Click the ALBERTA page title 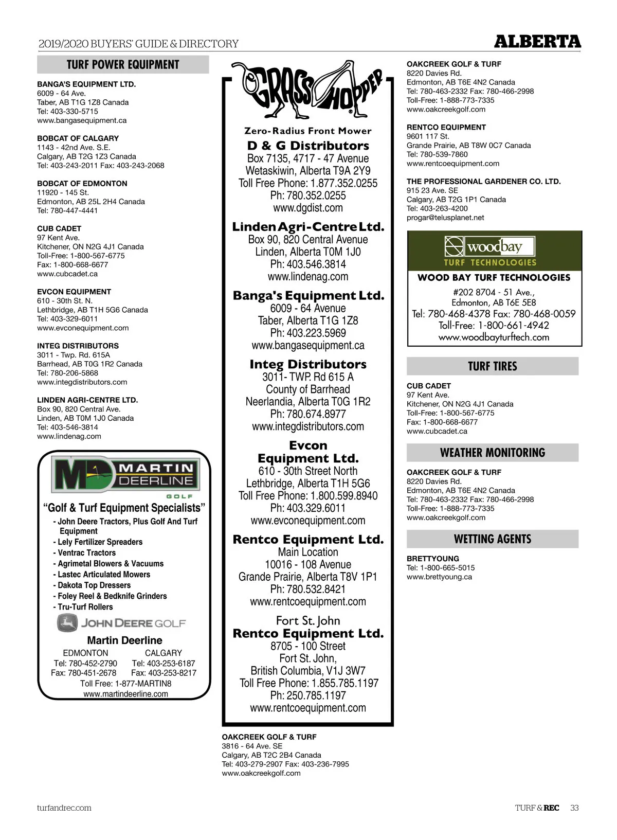pyautogui.click(x=537, y=42)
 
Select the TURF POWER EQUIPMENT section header pyautogui.click(x=123, y=65)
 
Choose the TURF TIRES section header pyautogui.click(x=492, y=366)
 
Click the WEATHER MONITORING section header pyautogui.click(x=492, y=453)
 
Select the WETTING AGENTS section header pyautogui.click(x=492, y=539)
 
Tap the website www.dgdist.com pyautogui.click(x=307, y=208)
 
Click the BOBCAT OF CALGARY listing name pyautogui.click(x=78, y=138)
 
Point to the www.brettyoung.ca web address pyautogui.click(x=439, y=577)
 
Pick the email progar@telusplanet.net pyautogui.click(x=445, y=218)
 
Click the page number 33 pyautogui.click(x=574, y=808)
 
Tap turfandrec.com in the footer pyautogui.click(x=64, y=808)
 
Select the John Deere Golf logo pyautogui.click(x=121, y=623)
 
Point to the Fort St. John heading pyautogui.click(x=307, y=621)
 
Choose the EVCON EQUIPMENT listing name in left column pyautogui.click(x=74, y=292)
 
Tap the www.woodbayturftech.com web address pyautogui.click(x=494, y=337)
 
